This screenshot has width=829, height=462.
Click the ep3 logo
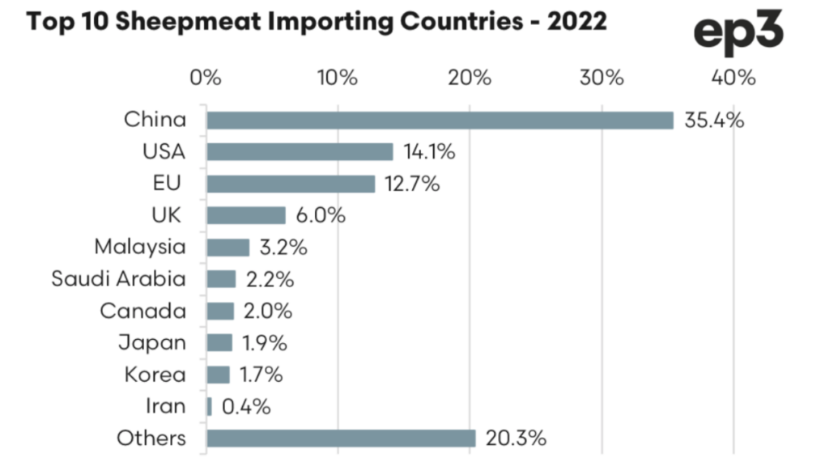[x=738, y=32]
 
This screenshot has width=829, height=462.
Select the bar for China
[x=440, y=120]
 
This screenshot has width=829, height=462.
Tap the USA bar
[x=300, y=151]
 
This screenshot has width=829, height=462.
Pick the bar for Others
[x=341, y=439]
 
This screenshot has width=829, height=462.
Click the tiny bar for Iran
[x=210, y=406]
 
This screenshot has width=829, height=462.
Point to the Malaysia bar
[x=227, y=247]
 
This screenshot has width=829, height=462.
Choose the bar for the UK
[x=246, y=215]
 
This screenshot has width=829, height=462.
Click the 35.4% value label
[x=712, y=120]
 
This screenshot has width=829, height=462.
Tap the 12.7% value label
[x=412, y=184]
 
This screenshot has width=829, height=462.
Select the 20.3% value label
[x=516, y=439]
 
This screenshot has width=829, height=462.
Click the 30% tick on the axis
[x=602, y=78]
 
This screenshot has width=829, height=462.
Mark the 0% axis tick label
[x=206, y=78]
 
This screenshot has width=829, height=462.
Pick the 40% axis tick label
[x=733, y=78]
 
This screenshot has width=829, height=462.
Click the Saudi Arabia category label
[x=118, y=279]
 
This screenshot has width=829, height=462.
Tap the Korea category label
[x=155, y=375]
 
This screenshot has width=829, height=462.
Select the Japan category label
[x=151, y=343]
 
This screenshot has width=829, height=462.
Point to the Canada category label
[x=142, y=311]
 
